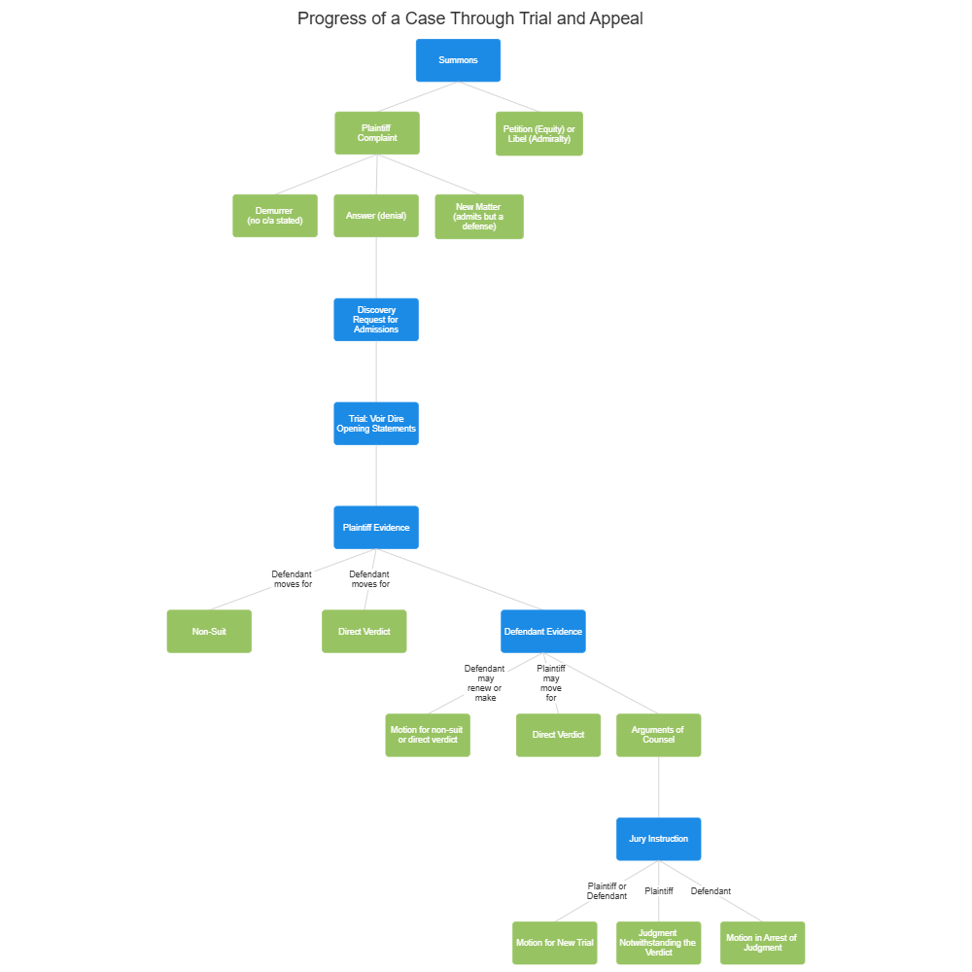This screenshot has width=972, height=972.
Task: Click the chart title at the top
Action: pyautogui.click(x=469, y=18)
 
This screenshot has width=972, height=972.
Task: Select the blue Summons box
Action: pyautogui.click(x=458, y=60)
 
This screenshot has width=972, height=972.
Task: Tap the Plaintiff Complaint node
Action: pyautogui.click(x=377, y=133)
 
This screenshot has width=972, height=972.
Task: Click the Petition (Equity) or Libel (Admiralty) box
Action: pyautogui.click(x=539, y=134)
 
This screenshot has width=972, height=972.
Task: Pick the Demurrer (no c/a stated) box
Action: pyautogui.click(x=275, y=216)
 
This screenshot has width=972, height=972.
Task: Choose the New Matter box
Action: pyautogui.click(x=478, y=216)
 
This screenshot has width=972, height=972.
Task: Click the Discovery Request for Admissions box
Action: pyautogui.click(x=376, y=320)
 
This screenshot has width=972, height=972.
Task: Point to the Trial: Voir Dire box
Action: pyautogui.click(x=376, y=424)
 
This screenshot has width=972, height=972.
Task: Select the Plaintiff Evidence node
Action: pyautogui.click(x=376, y=528)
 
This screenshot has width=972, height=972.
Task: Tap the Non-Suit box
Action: pyautogui.click(x=209, y=632)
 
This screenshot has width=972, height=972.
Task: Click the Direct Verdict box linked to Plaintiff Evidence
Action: pyautogui.click(x=364, y=632)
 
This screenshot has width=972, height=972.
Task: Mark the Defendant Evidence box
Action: pyautogui.click(x=543, y=632)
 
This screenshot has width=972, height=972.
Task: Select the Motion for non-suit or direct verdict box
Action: pyautogui.click(x=428, y=735)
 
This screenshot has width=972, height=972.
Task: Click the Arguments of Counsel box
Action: pyautogui.click(x=658, y=735)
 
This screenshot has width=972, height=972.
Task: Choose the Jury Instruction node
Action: pyautogui.click(x=658, y=839)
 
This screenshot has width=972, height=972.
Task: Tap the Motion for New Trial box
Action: pyautogui.click(x=555, y=943)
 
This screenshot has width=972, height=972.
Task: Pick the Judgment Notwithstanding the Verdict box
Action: pyautogui.click(x=658, y=943)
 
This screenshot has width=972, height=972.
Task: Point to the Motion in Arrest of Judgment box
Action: pyautogui.click(x=762, y=943)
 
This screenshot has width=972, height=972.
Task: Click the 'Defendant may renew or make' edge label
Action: pyautogui.click(x=485, y=683)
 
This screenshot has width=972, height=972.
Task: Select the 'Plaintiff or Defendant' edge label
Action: pyautogui.click(x=607, y=891)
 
